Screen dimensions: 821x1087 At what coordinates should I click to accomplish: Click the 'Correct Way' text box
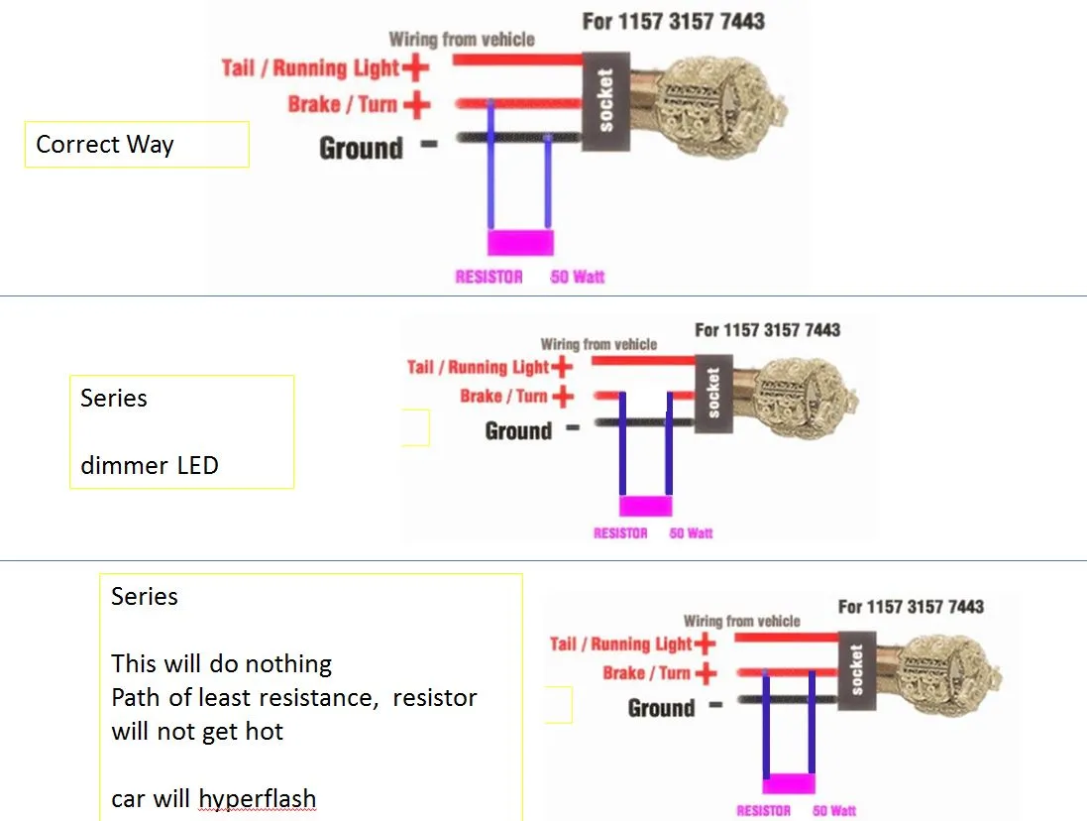pos(136,145)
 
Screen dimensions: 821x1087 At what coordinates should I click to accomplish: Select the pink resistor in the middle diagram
pos(645,507)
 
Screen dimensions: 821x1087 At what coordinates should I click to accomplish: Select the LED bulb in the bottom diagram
pos(941,664)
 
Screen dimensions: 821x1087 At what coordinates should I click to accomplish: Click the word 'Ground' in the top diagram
pos(361,149)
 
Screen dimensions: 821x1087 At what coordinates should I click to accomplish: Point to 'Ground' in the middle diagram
pos(518,431)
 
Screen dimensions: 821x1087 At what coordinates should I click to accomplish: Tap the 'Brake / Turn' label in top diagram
pos(343,104)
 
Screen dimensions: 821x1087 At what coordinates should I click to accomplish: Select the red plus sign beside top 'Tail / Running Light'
pos(416,67)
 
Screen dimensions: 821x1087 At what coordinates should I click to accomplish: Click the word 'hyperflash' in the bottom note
pos(257,799)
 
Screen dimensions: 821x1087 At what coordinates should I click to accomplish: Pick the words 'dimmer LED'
pos(150,465)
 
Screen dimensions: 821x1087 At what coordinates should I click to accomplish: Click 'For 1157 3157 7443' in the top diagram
pos(673,20)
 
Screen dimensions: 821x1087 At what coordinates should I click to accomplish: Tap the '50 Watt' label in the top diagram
pos(577,277)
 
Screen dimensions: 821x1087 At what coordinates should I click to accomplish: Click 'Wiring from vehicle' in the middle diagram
pos(598,344)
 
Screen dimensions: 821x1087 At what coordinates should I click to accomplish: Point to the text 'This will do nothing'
pos(221,663)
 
